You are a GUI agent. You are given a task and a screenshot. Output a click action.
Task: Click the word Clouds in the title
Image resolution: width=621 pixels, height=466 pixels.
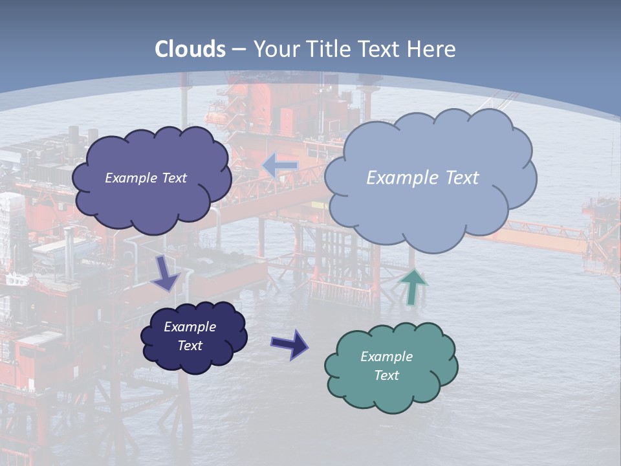coord(190,49)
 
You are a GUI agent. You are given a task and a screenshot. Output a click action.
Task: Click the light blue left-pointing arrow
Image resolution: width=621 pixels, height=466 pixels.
coord(279,165)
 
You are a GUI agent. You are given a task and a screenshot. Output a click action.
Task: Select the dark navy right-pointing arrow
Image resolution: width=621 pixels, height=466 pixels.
coord(289,344)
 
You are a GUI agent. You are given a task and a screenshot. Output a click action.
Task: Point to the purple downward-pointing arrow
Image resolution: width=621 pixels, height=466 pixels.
coord(165,274)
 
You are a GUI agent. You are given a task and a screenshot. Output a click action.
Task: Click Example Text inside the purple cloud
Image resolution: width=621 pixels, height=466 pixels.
coord(146,178)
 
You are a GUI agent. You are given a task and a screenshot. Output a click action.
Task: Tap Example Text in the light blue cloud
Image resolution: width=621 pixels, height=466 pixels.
coord(422,178)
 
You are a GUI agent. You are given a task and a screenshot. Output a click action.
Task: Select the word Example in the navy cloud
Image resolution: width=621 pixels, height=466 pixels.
coord(190,327)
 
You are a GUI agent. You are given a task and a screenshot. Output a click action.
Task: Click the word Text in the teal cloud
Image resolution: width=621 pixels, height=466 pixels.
coord(386,375)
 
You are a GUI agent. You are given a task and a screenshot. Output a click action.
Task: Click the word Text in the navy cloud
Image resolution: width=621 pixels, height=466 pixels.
coord(190,346)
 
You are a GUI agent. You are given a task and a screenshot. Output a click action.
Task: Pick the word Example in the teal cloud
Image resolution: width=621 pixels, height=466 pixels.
coord(386,357)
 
